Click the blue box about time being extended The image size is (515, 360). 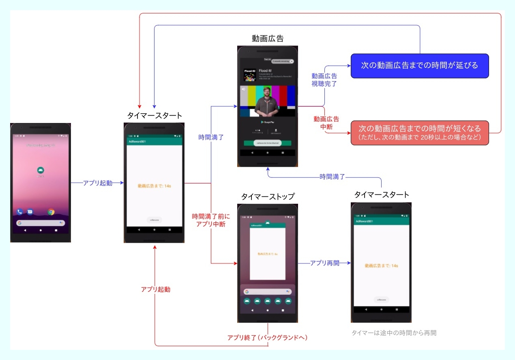[419, 66]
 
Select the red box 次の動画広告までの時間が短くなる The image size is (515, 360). [419, 132]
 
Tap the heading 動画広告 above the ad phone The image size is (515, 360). [268, 39]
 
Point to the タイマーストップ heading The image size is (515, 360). [268, 197]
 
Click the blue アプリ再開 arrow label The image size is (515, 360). [324, 263]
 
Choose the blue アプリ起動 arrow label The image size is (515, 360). [97, 183]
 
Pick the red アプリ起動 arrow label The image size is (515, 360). [155, 289]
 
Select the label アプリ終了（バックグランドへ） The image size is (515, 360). [268, 337]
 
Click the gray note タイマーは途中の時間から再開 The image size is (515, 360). [393, 333]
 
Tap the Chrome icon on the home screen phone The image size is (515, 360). [51, 212]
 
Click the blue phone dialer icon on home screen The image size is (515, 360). [19, 212]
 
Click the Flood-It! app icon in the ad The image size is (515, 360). [249, 75]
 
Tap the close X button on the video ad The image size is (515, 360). [292, 61]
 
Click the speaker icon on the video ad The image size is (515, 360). [243, 89]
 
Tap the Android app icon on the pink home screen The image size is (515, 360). [41, 170]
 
